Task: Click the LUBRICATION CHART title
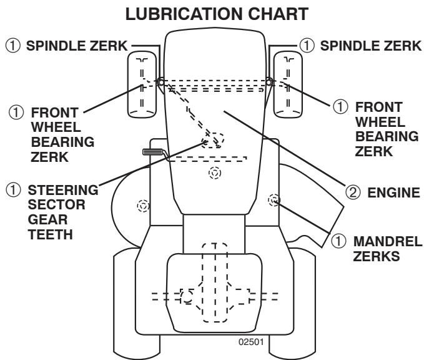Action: [212, 13]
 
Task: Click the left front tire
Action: [143, 84]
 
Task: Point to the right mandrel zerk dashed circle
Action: [273, 200]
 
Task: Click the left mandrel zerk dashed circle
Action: [143, 205]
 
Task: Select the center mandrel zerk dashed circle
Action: [214, 173]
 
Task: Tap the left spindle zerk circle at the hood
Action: [161, 82]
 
